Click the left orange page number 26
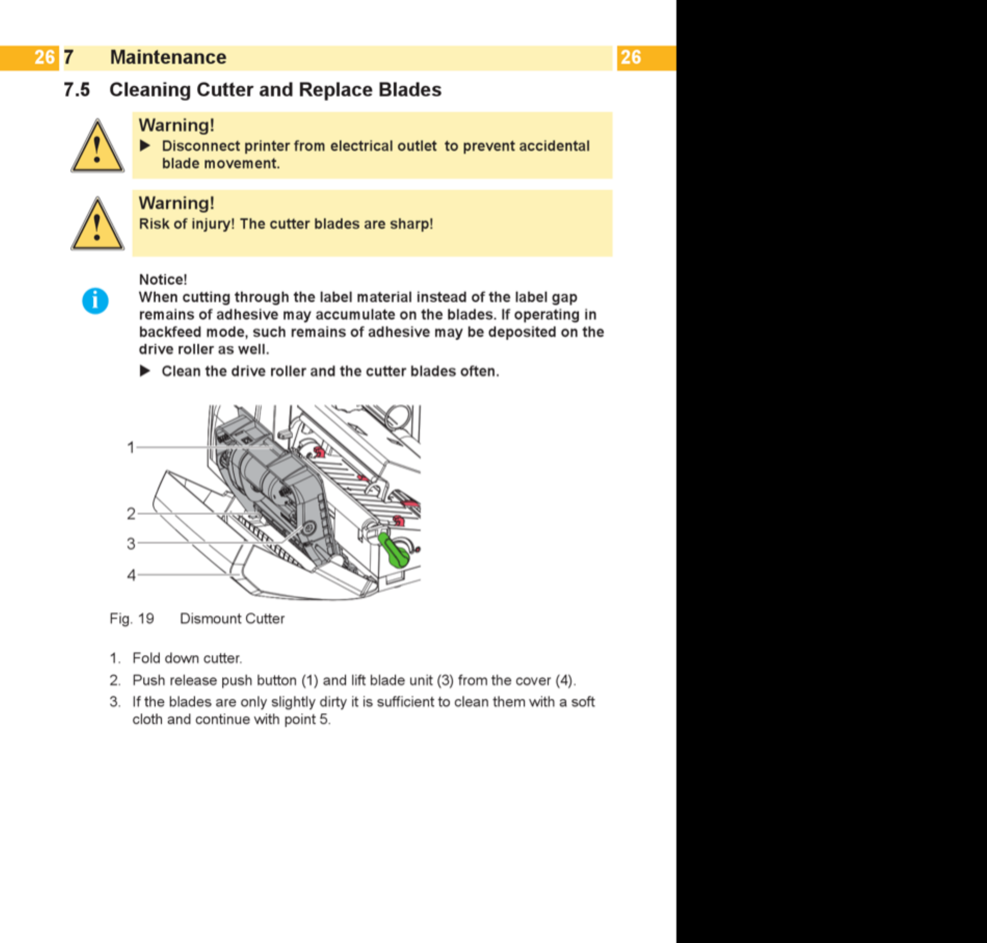[x=44, y=57]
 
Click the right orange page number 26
[x=631, y=57]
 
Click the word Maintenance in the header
[x=168, y=57]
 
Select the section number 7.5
[x=77, y=90]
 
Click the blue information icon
[x=95, y=301]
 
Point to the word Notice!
[x=163, y=280]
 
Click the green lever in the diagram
[x=395, y=550]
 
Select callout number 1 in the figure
[x=131, y=447]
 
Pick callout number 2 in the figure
[x=131, y=514]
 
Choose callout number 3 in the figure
[x=131, y=544]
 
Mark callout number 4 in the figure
[x=131, y=575]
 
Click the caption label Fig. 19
[x=132, y=619]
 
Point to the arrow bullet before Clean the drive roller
[x=145, y=371]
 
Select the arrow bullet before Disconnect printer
[x=145, y=146]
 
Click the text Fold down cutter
[x=188, y=658]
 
